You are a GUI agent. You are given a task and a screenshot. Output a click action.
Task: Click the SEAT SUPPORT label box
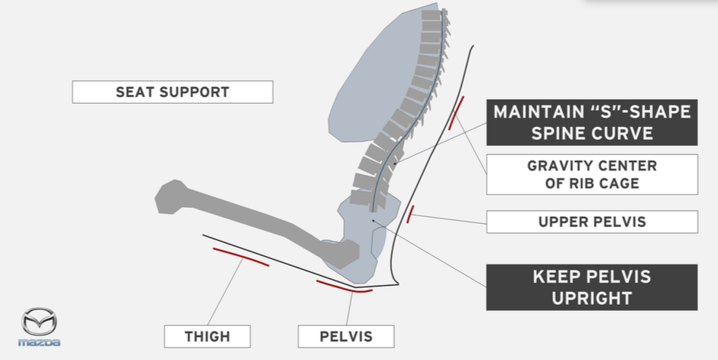pos(172,92)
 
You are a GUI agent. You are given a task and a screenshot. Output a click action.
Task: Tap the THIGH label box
pos(206,336)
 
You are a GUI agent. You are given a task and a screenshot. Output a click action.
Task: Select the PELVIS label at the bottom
pos(345,336)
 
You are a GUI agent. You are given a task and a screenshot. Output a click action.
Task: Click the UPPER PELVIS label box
pos(592,222)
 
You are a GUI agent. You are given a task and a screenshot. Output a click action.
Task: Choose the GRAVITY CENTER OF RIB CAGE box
pos(592,174)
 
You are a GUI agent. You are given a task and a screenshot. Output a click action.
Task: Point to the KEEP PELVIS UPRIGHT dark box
pos(592,287)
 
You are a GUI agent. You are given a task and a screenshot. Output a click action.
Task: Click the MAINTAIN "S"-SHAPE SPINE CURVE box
pos(592,122)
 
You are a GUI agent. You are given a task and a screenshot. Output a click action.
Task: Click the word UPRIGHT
pos(592,298)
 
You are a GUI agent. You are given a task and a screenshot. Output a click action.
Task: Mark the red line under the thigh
pos(241,257)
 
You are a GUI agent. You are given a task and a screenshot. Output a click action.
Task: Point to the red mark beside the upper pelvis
pos(410,214)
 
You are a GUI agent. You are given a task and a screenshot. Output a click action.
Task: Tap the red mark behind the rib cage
pos(457,112)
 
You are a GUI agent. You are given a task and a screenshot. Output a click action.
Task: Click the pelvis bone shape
pos(359,237)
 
